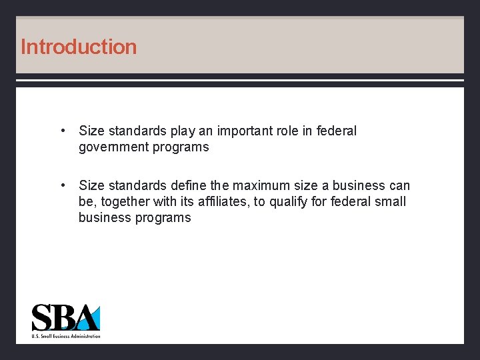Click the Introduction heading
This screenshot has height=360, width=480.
tap(79, 47)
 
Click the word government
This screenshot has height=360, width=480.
tap(113, 147)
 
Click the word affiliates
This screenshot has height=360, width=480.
tap(221, 201)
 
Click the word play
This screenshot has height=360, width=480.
tap(189, 131)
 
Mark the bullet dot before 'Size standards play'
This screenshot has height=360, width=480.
tap(61, 131)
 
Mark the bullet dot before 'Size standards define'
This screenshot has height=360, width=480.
tap(61, 185)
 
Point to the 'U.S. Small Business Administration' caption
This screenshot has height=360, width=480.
tap(66, 336)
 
